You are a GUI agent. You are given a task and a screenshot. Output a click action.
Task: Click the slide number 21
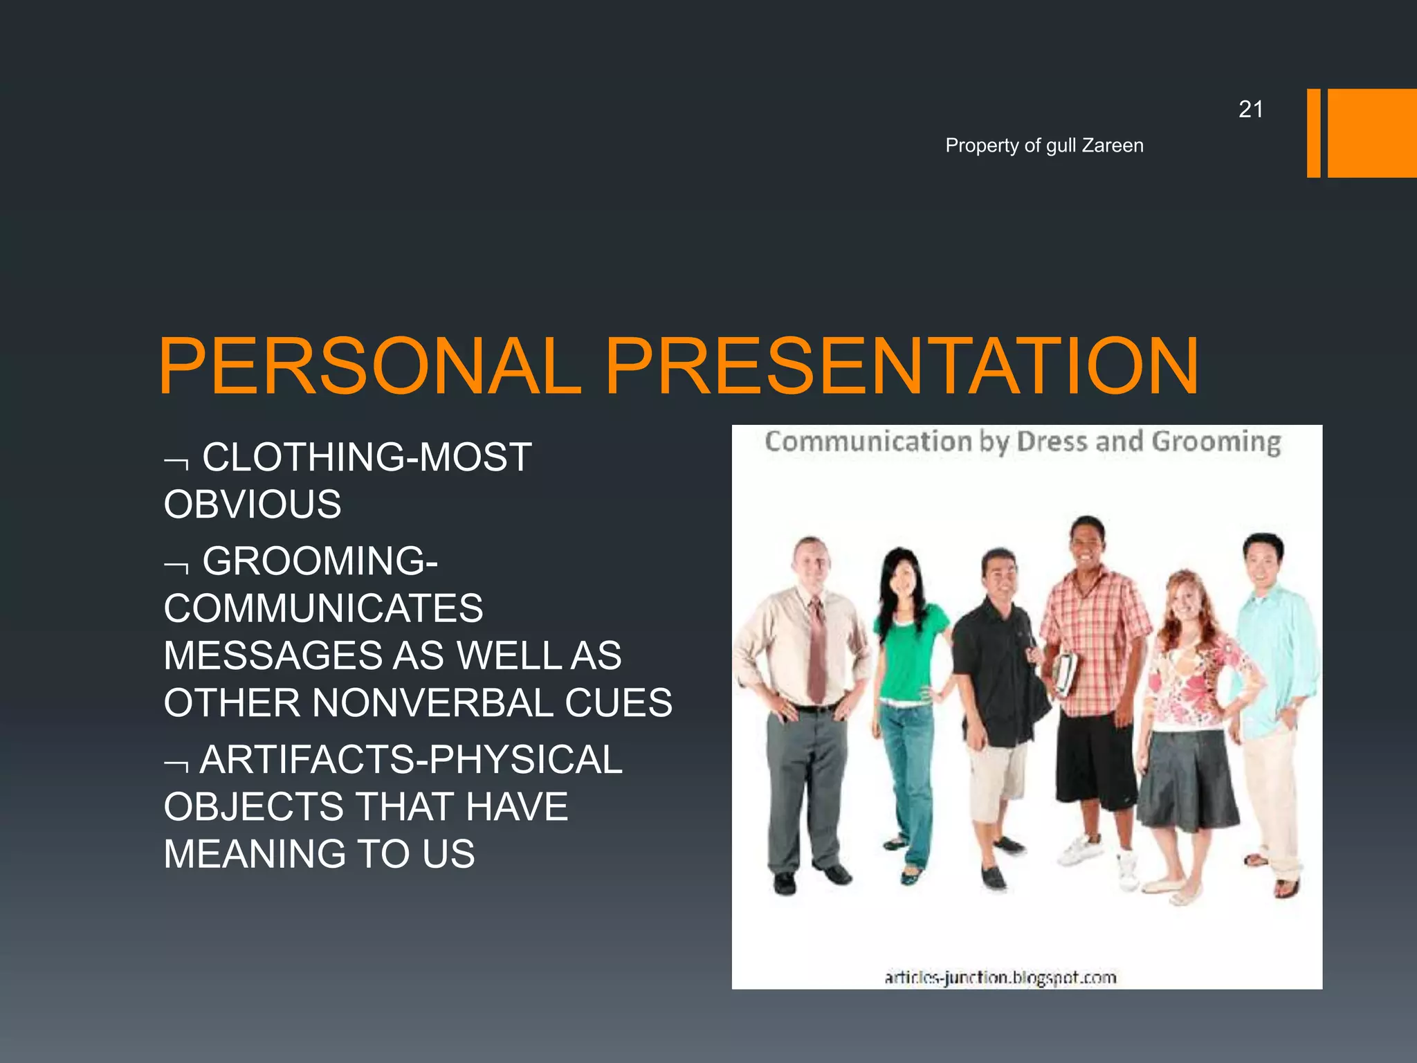(1250, 109)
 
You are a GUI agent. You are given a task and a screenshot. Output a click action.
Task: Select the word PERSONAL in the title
(369, 367)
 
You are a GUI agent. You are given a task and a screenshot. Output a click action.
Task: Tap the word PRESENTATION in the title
(902, 367)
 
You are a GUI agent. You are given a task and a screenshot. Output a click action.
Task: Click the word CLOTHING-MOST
(367, 457)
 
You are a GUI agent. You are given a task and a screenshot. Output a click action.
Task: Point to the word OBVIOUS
(253, 505)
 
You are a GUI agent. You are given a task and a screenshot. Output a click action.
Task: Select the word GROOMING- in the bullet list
(320, 561)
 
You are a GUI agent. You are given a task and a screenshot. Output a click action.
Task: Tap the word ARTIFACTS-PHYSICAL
(411, 760)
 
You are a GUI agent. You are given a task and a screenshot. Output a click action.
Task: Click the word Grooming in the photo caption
(1216, 442)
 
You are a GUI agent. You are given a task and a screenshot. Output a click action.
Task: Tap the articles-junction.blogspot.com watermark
(1000, 977)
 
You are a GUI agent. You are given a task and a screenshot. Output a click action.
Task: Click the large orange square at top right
(1372, 133)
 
